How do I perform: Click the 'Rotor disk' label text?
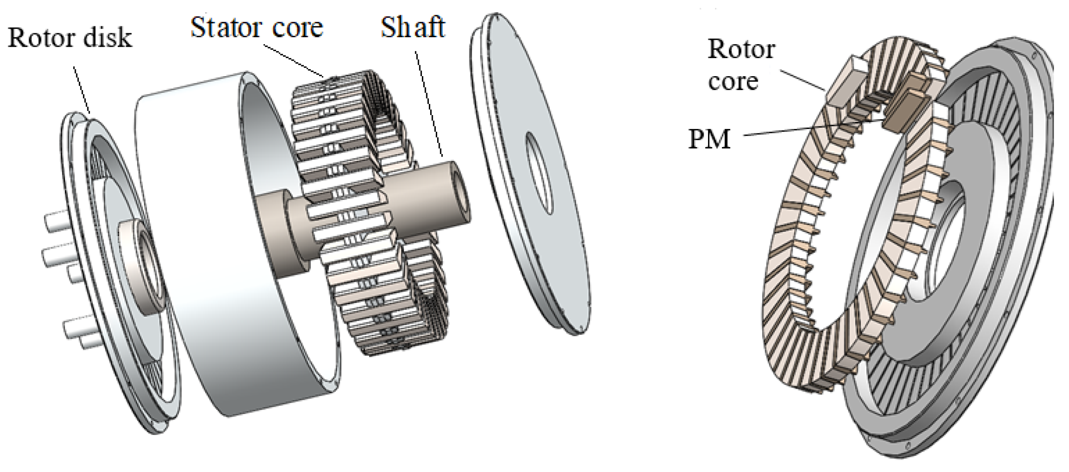coord(70,38)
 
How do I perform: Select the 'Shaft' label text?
coord(412,28)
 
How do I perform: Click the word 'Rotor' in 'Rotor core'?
coord(741,49)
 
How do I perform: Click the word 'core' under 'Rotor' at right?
coord(733,81)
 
